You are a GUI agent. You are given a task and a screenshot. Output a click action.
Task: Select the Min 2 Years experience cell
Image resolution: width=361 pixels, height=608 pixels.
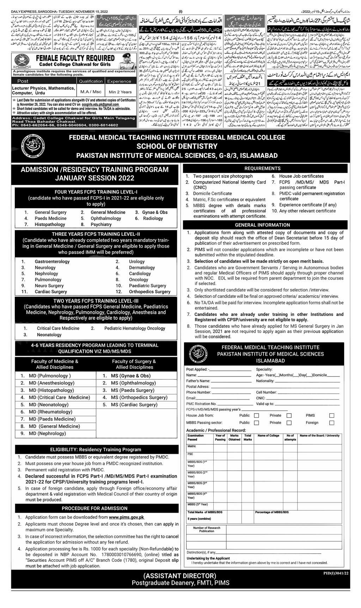click(x=120, y=92)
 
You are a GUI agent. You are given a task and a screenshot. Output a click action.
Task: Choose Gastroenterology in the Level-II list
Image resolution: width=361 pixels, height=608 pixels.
click(x=52, y=261)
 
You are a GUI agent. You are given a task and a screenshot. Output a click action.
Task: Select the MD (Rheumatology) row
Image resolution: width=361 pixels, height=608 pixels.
click(x=50, y=412)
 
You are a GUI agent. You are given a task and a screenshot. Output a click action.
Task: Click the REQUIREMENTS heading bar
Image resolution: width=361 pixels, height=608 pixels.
click(x=263, y=169)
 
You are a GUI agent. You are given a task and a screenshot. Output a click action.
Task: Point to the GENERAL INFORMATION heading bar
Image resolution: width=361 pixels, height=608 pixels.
click(x=263, y=225)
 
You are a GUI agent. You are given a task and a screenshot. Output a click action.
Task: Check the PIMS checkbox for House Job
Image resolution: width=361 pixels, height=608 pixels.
click(x=331, y=416)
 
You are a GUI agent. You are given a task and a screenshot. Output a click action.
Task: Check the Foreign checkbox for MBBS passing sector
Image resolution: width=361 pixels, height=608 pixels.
click(x=331, y=423)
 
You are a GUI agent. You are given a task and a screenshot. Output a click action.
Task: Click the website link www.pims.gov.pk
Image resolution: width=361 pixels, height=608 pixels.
click(x=127, y=517)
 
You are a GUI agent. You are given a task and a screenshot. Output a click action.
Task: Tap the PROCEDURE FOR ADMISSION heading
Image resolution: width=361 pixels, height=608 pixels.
click(x=94, y=508)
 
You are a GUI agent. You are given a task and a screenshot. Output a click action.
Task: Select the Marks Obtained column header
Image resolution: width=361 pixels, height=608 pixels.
click(x=234, y=438)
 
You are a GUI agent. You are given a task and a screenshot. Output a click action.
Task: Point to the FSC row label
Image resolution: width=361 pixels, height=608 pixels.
click(x=190, y=454)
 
